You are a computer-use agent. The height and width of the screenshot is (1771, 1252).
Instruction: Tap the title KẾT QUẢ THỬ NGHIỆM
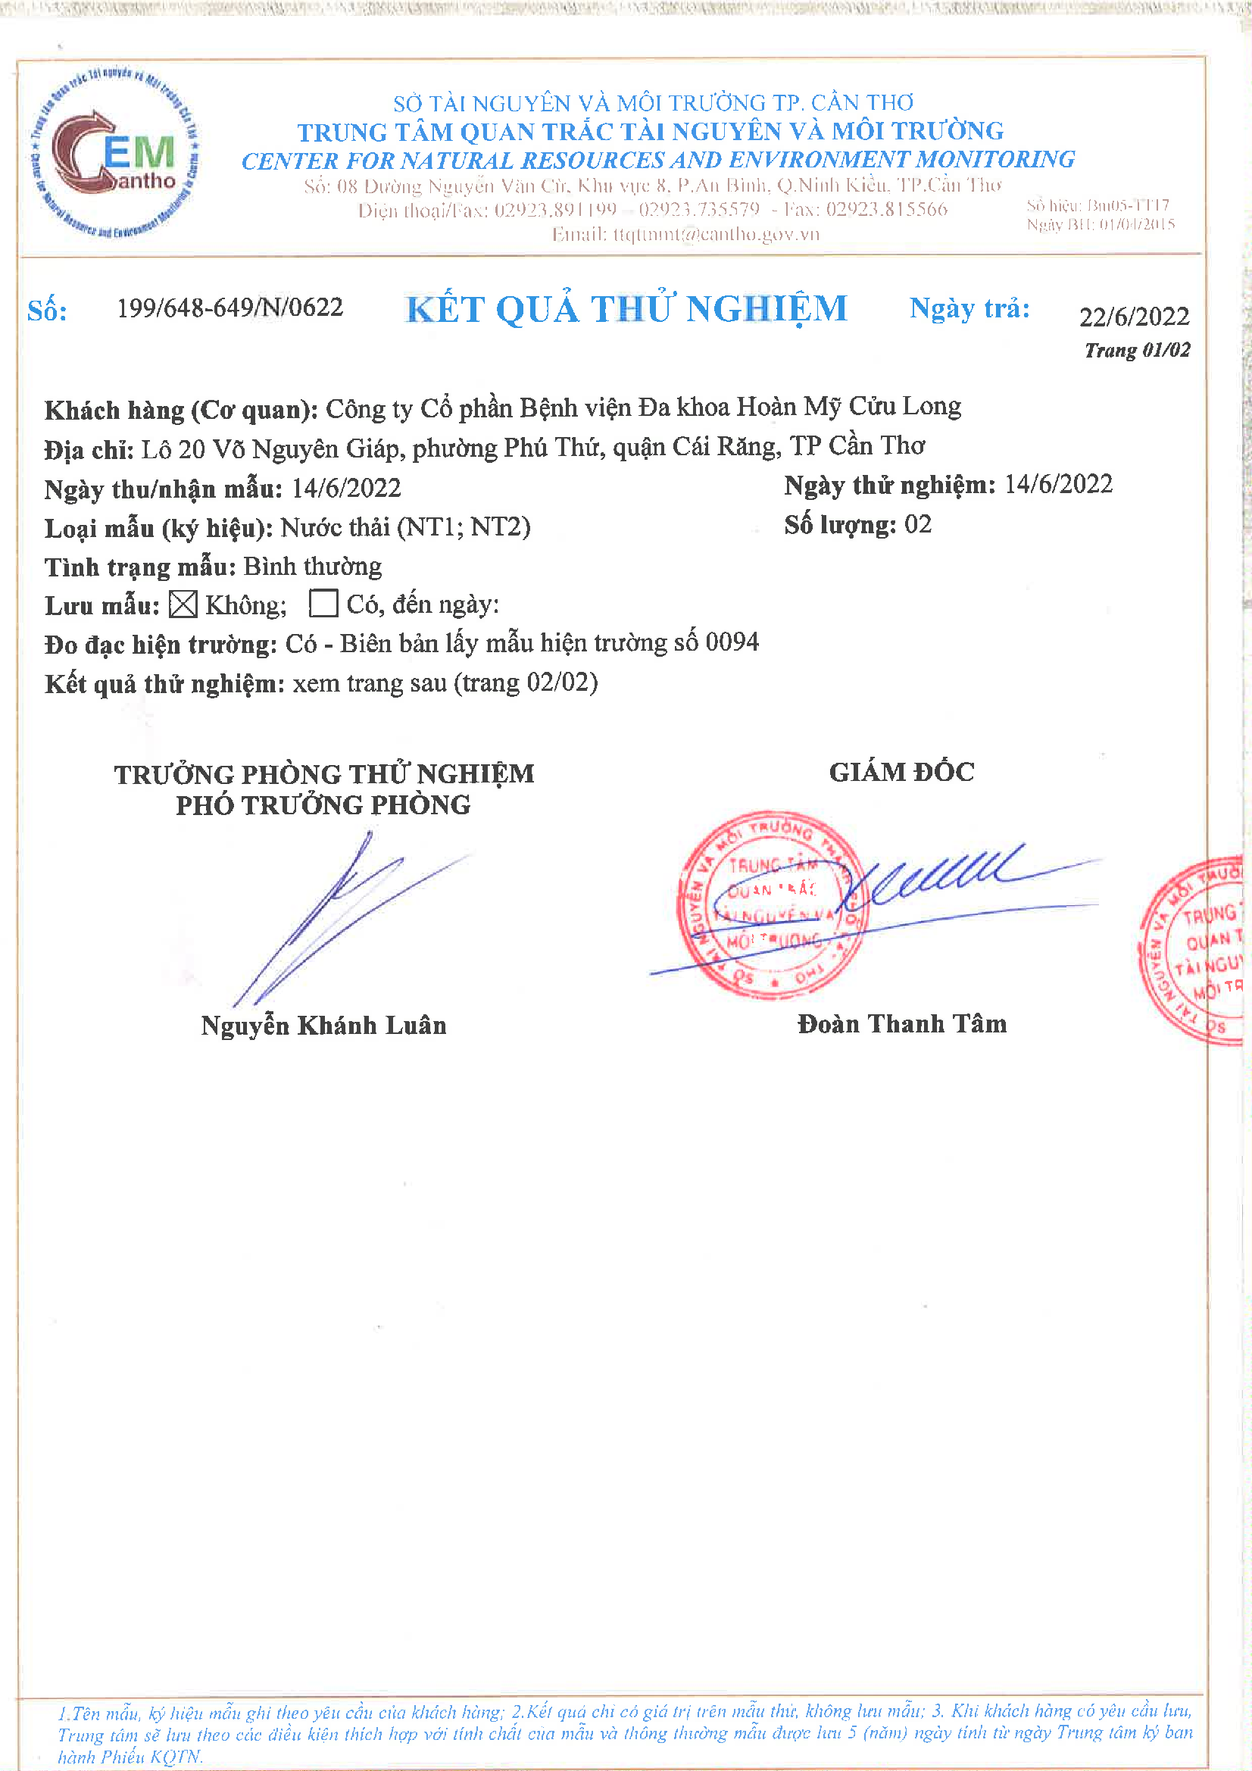coord(626,309)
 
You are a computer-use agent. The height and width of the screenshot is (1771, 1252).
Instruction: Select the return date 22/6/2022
coord(1134,317)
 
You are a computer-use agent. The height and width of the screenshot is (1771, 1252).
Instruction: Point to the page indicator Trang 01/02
coord(1137,350)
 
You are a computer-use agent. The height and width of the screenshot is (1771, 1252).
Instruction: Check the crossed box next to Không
coord(183,604)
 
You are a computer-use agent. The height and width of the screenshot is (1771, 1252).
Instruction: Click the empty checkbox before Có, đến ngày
coord(323,603)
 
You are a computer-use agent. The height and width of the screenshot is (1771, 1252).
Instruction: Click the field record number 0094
coord(732,642)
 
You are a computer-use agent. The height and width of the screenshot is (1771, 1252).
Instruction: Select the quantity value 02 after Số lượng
coord(917,524)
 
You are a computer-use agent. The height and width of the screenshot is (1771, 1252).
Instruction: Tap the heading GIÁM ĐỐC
coord(901,772)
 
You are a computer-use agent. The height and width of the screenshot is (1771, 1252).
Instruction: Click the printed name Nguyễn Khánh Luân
coord(323,1025)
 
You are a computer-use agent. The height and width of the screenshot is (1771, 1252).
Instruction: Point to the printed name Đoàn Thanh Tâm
coord(902,1023)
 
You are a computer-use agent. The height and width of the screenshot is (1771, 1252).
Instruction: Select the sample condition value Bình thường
coord(312,566)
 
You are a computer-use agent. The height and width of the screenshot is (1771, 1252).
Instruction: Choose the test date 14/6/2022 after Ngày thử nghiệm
coord(1058,484)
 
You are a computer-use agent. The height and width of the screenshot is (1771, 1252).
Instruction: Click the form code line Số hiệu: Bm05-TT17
coord(1097,205)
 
